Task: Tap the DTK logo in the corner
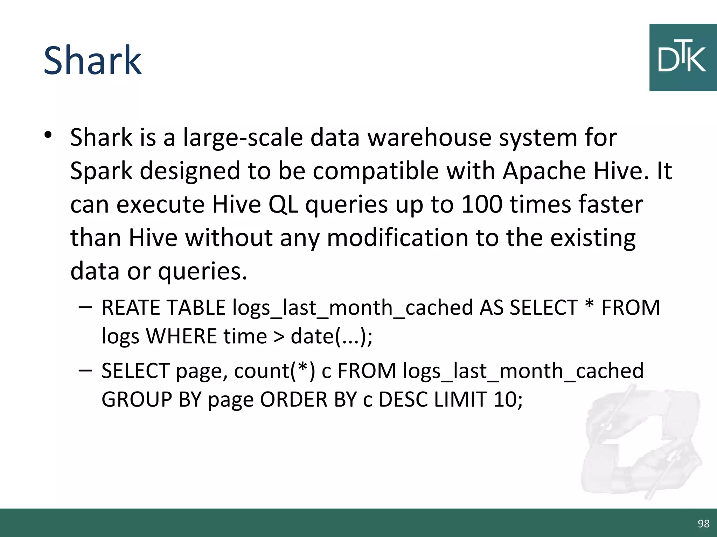coord(683,58)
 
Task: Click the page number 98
coord(703,523)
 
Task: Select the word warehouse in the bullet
coord(430,137)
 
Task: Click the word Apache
coord(544,171)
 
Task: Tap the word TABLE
coord(196,308)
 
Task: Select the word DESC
coord(403,399)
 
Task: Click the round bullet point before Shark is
coord(48,135)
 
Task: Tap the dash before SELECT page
coord(85,370)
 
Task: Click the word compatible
coord(376,171)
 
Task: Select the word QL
coord(283,204)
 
